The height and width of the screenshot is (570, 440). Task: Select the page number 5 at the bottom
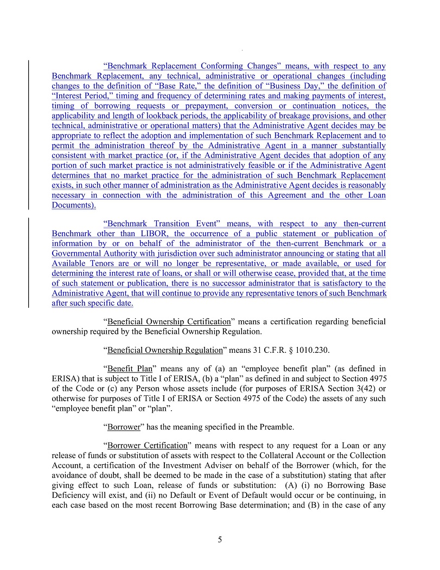point(220,540)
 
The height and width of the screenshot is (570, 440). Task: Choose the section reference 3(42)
point(341,388)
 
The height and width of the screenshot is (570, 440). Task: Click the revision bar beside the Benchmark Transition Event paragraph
point(29,263)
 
